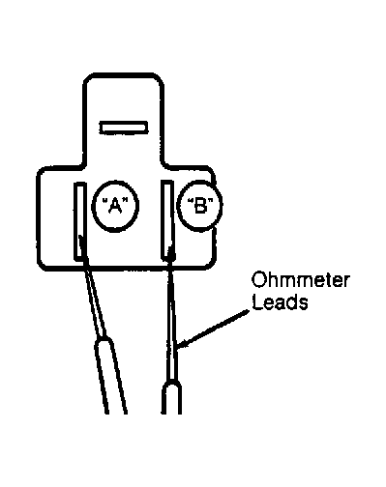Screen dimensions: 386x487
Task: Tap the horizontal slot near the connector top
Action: pos(124,128)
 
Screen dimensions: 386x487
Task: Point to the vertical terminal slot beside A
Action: pos(80,221)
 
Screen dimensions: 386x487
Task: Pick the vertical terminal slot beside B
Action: pos(167,219)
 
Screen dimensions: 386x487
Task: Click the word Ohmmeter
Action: pos(300,280)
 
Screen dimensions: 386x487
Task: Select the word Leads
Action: pos(280,302)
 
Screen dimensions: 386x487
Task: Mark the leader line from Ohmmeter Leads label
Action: pos(213,329)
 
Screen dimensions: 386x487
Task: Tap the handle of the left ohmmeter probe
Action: pos(110,375)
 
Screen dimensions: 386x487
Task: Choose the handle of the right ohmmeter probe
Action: pos(171,397)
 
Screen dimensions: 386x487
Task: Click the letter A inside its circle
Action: pos(115,206)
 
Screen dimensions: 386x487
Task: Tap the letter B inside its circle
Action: pos(200,206)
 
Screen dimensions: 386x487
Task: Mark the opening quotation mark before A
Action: pos(104,201)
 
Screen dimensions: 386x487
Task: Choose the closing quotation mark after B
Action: pos(211,201)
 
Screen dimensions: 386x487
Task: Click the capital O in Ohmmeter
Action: pos(258,280)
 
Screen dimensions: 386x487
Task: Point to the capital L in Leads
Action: pos(256,302)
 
